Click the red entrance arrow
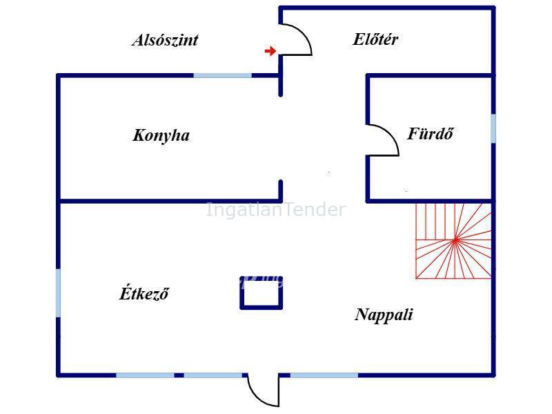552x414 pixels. (x=270, y=51)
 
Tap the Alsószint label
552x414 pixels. (x=165, y=40)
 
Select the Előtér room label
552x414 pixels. (x=375, y=39)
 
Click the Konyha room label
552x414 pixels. (x=161, y=135)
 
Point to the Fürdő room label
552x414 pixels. (x=430, y=134)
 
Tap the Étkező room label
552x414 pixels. (x=144, y=293)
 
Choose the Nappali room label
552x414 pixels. (x=384, y=315)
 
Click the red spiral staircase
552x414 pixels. (x=453, y=241)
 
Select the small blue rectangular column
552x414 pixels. (x=262, y=293)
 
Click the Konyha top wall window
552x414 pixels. (x=222, y=75)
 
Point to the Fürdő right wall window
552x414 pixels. (x=493, y=128)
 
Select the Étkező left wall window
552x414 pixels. (x=58, y=293)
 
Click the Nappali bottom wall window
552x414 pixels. (x=324, y=375)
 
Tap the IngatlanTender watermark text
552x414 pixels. (x=275, y=210)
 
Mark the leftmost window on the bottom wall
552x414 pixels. (x=145, y=375)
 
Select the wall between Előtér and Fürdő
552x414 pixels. (x=429, y=76)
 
